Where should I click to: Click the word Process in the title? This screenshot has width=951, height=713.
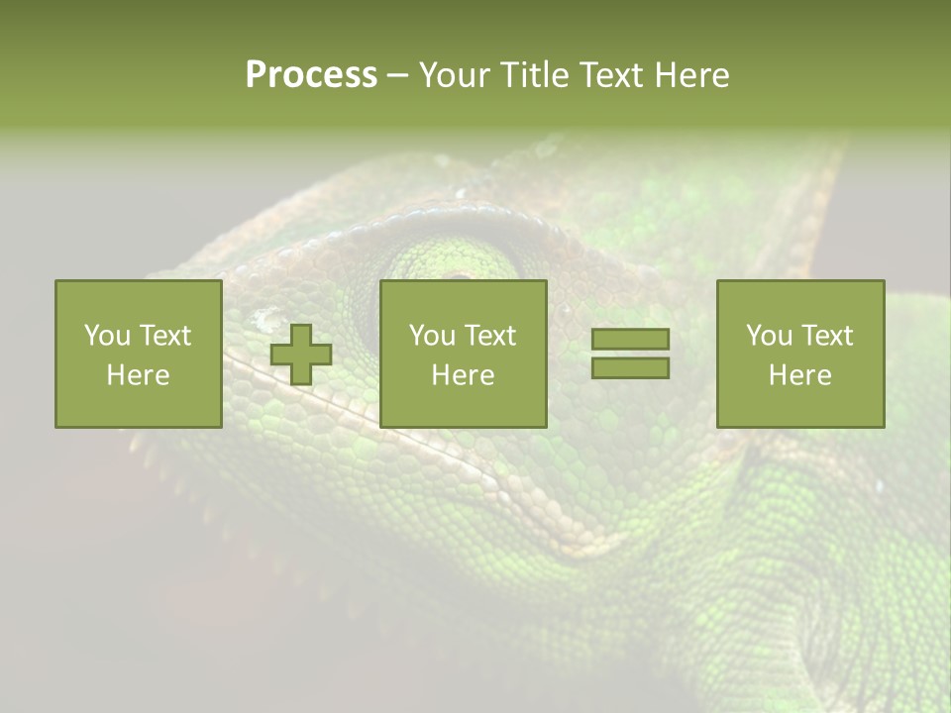pos(311,75)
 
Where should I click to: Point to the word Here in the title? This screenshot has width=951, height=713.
pos(691,75)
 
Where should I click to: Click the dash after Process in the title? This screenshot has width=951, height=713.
pos(397,75)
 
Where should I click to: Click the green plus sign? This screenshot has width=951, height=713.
pos(301,355)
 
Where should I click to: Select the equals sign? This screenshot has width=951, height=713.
pos(630,354)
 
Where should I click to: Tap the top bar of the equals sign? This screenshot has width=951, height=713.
pos(630,340)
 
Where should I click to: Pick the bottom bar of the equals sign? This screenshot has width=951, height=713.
pos(630,367)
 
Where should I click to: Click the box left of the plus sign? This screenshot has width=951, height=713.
pos(138,354)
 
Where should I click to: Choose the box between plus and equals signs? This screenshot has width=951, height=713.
pos(463,354)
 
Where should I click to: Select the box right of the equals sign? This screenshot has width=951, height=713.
pos(799,354)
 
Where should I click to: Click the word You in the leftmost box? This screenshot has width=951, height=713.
pos(105,336)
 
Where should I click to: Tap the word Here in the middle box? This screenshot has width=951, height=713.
pos(463,375)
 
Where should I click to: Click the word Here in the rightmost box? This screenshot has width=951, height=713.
pos(799,375)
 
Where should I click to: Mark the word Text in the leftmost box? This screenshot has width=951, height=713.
pos(164,336)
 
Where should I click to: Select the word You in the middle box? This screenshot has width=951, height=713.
pos(431,336)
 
